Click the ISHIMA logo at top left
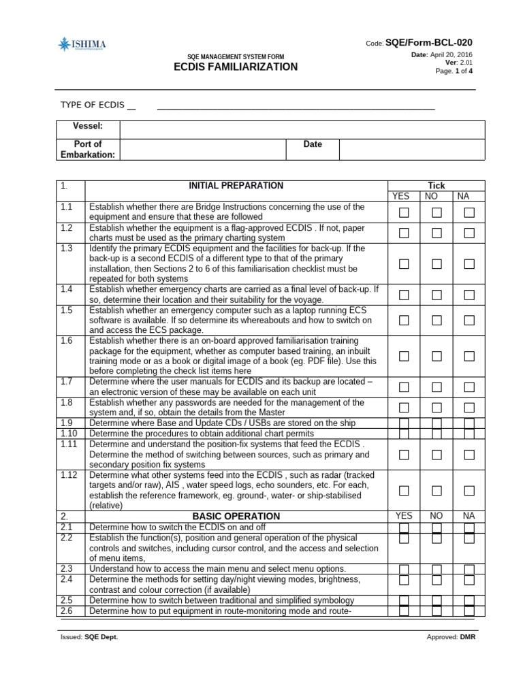(82, 46)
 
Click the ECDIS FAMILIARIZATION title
(236, 67)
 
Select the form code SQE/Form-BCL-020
(429, 42)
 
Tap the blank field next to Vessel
(302, 129)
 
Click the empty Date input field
(412, 149)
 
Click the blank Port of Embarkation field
(202, 149)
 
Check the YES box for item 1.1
(404, 212)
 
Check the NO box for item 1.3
(437, 263)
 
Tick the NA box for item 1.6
(469, 356)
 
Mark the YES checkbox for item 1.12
(404, 490)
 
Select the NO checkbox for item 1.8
(437, 407)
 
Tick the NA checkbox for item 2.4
(469, 580)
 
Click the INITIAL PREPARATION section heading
(236, 185)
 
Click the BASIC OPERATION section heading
(236, 516)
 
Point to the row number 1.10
(69, 434)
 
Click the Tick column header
(436, 185)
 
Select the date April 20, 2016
(451, 54)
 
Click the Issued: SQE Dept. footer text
(89, 638)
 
